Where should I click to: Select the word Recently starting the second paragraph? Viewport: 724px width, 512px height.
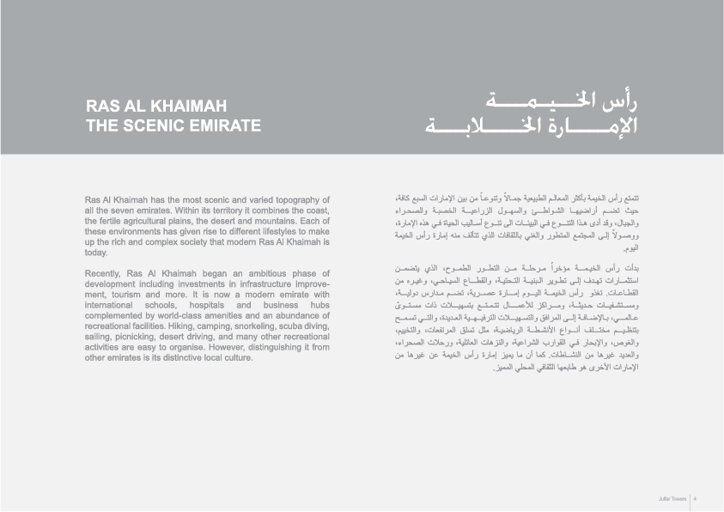click(x=101, y=274)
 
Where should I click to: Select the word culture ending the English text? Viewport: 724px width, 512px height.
click(x=234, y=358)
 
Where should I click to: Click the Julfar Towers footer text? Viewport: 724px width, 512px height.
click(x=672, y=497)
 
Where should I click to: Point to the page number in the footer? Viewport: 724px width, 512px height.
click(x=695, y=497)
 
